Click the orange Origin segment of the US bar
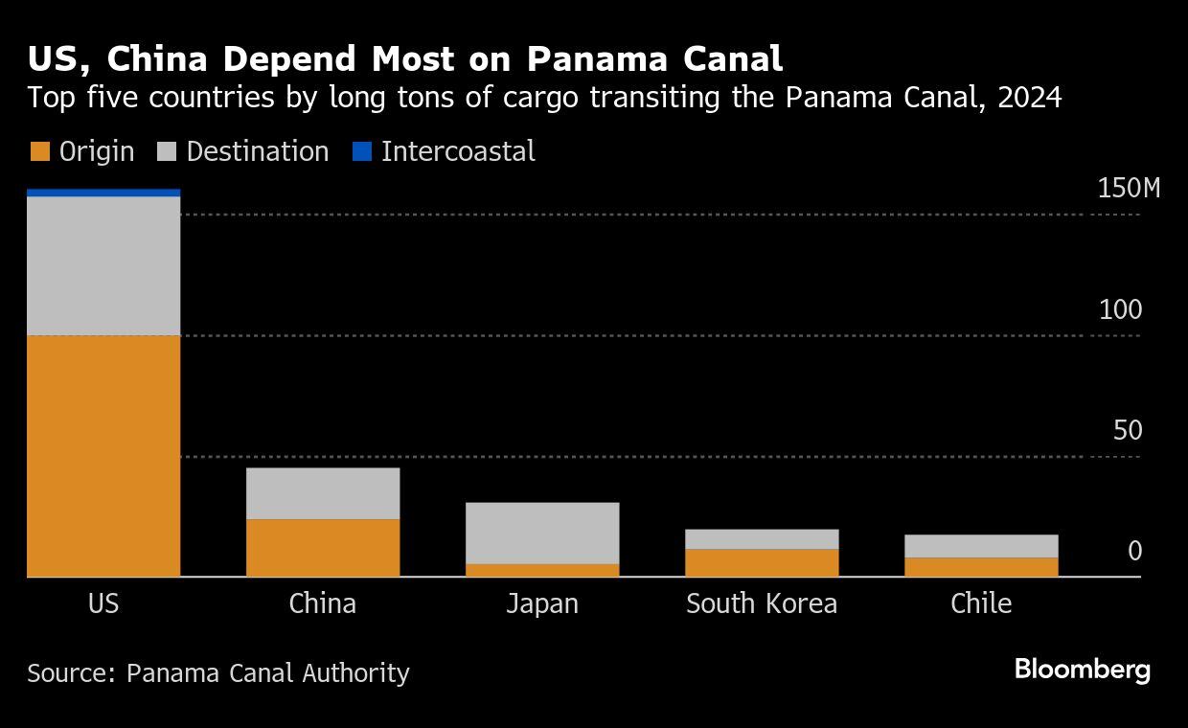[x=103, y=456]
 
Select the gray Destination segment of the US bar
[x=103, y=265]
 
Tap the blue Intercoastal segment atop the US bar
[x=103, y=193]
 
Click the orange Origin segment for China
[x=323, y=548]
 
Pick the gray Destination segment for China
[x=323, y=493]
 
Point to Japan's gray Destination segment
[x=542, y=533]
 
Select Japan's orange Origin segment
[x=542, y=570]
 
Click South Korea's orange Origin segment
[x=762, y=562]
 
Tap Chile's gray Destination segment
[x=981, y=546]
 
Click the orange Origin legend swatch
[x=39, y=151]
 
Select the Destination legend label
[x=257, y=151]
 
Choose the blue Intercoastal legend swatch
[x=361, y=151]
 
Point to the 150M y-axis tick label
[x=1128, y=189]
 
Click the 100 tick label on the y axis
[x=1120, y=309]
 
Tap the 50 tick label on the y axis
[x=1128, y=430]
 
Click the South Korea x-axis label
[x=762, y=603]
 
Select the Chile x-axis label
[x=981, y=603]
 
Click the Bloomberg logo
[x=1082, y=669]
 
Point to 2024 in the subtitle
[x=1030, y=98]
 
